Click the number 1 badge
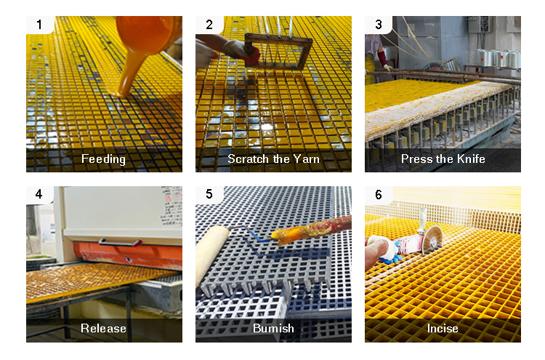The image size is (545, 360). (40, 25)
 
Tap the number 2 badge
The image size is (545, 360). (209, 25)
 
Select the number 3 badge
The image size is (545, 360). (379, 25)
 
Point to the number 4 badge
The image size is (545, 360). (39, 194)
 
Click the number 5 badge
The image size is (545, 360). (209, 194)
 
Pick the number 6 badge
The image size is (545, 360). (379, 194)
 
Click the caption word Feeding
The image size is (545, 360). (104, 159)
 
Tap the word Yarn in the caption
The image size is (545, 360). (306, 159)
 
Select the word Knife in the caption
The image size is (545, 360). (471, 159)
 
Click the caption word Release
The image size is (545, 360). (104, 328)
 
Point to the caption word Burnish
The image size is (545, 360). (273, 328)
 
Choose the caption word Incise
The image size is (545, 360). (443, 328)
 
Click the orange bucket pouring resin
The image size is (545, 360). (148, 41)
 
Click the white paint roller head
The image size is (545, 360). (211, 254)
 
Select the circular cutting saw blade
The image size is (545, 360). (432, 239)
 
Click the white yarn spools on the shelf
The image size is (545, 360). (497, 58)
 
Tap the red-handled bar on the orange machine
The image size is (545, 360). (120, 242)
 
